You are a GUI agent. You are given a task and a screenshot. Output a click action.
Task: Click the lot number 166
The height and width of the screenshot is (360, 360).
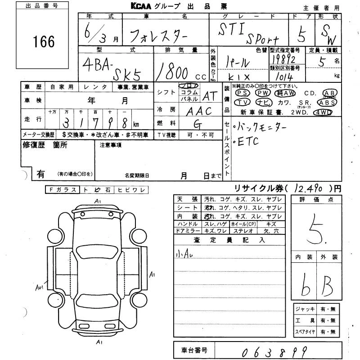point(44,42)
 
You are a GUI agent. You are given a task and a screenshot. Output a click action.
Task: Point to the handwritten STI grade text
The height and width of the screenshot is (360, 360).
point(233,30)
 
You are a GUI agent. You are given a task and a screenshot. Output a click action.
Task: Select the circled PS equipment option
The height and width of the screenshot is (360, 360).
point(242,93)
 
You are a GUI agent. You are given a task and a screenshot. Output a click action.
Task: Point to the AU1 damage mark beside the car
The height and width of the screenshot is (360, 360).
point(40,286)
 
